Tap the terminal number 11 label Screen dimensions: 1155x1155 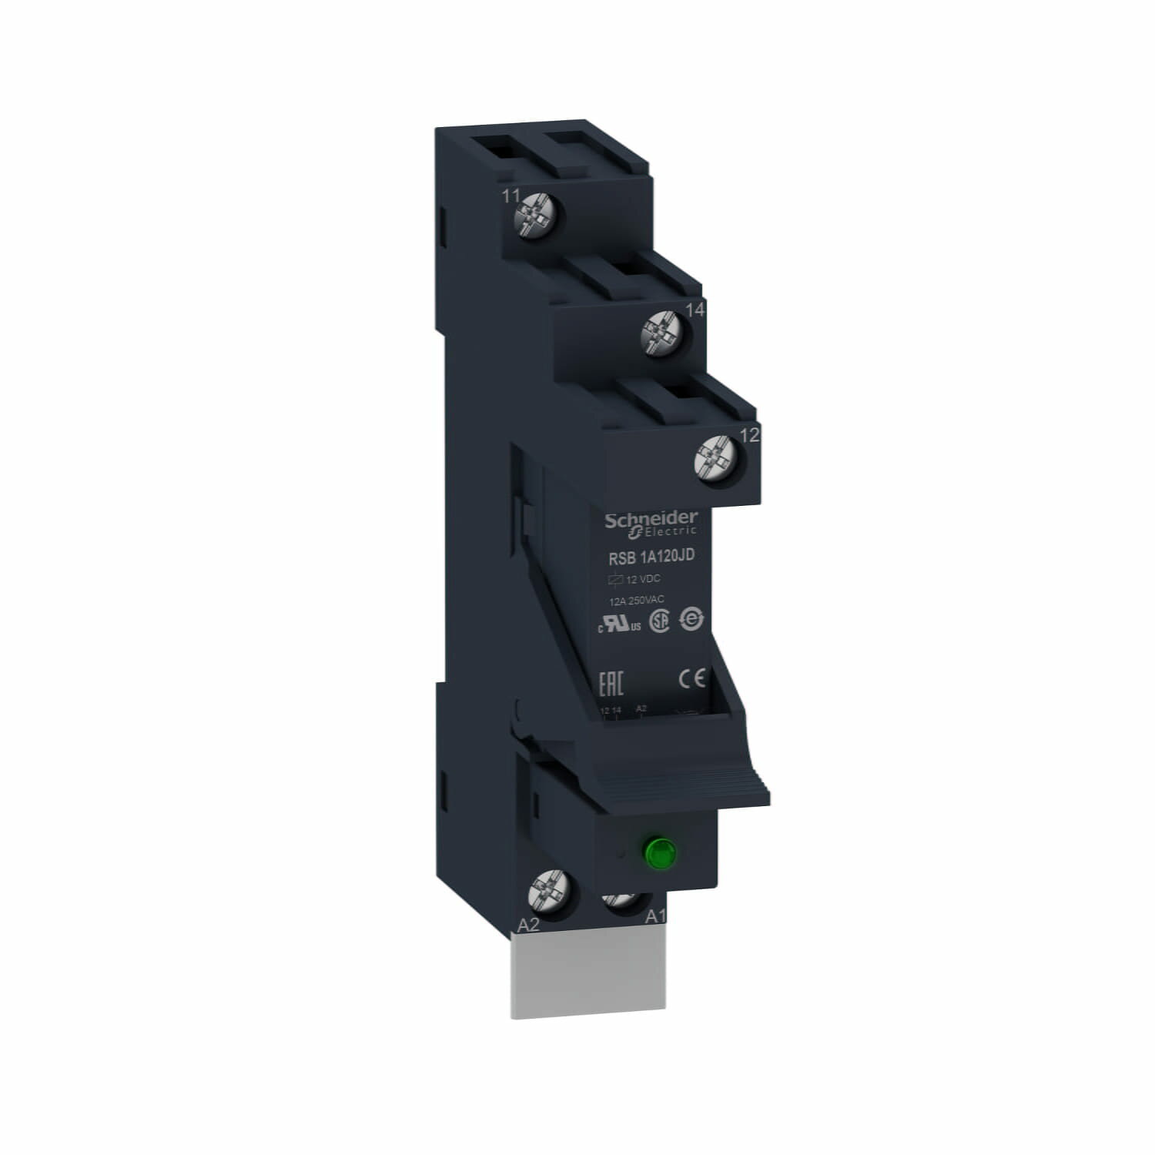click(511, 196)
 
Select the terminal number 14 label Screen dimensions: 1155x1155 click(695, 310)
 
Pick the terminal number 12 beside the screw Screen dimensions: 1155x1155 click(748, 435)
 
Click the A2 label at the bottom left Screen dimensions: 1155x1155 click(528, 926)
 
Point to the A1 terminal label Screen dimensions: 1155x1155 click(654, 917)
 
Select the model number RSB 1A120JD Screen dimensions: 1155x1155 click(641, 557)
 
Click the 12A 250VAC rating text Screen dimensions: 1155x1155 click(636, 600)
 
